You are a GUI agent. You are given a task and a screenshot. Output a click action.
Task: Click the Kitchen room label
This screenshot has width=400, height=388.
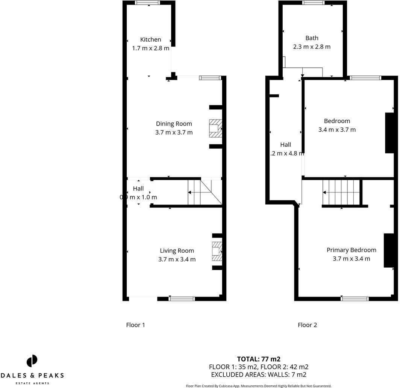click(x=150, y=39)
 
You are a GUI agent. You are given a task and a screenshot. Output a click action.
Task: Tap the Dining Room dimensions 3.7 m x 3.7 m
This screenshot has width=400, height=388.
click(x=174, y=132)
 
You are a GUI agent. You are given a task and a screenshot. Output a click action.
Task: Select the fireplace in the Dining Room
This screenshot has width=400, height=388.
click(x=215, y=128)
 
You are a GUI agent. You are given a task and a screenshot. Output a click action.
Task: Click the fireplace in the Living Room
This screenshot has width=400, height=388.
click(x=217, y=251)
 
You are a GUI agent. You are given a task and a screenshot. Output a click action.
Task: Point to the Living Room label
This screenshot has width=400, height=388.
click(x=177, y=251)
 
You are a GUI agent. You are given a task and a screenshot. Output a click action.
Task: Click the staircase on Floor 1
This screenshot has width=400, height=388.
click(x=205, y=192)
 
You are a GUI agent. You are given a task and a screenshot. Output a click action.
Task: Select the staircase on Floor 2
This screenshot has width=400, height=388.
click(x=341, y=192)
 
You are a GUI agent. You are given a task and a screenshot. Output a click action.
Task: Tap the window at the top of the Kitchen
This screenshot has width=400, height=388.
click(x=147, y=3)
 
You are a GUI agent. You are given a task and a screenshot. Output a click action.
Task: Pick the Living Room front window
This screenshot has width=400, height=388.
click(x=182, y=299)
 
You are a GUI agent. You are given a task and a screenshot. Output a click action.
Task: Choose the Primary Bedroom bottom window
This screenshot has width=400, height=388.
click(x=355, y=299)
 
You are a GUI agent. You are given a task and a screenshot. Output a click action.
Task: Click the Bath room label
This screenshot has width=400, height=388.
click(x=312, y=38)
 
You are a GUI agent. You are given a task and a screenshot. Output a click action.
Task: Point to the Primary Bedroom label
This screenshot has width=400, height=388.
click(x=351, y=250)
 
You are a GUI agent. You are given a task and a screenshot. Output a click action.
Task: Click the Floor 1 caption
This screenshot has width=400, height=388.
click(x=135, y=325)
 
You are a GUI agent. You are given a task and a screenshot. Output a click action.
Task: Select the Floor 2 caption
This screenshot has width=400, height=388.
click(x=307, y=325)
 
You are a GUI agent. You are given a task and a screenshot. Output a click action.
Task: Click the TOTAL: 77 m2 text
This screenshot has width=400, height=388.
click(x=259, y=359)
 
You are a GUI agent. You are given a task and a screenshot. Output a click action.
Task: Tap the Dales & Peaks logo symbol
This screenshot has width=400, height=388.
click(x=32, y=361)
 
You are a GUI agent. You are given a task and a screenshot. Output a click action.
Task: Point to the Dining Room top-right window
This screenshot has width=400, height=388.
click(x=209, y=78)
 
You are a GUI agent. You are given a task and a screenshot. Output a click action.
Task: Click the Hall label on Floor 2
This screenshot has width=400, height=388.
click(x=285, y=144)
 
